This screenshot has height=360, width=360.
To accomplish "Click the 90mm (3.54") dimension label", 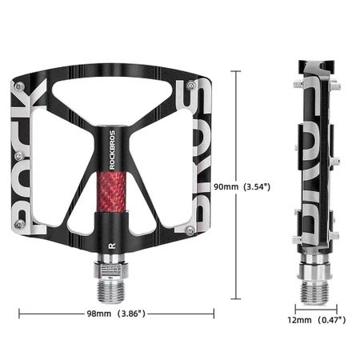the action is point(242,186).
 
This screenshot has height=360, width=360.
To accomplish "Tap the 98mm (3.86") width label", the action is point(116,314).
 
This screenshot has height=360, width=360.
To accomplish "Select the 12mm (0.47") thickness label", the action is point(317,319).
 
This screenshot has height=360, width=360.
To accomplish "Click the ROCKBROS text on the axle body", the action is point(112,150).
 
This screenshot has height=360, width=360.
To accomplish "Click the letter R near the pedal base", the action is point(112,246).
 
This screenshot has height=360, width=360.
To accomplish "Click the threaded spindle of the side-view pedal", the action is point(314,293).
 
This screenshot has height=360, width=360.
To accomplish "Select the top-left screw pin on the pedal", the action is point(20,86).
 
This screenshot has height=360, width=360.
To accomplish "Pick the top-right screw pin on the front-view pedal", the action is point(191,86).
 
